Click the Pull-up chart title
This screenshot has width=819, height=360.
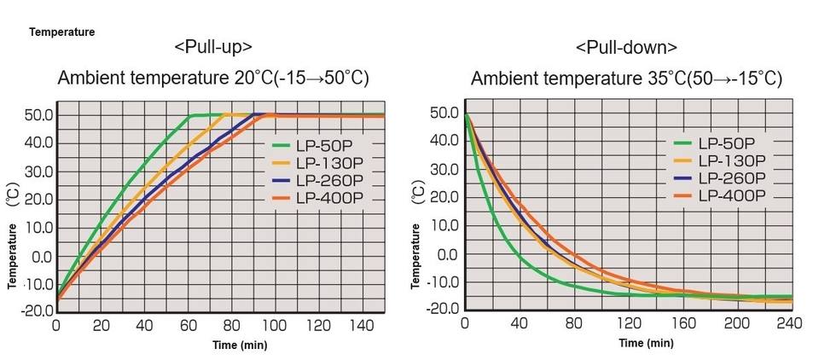(212, 47)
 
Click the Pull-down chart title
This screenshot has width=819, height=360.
(626, 47)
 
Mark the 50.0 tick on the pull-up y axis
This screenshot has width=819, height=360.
(40, 113)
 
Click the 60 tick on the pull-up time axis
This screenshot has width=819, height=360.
(187, 325)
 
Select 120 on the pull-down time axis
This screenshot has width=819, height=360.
(628, 323)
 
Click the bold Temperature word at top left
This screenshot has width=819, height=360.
(61, 32)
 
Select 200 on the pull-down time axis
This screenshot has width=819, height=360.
(737, 323)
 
